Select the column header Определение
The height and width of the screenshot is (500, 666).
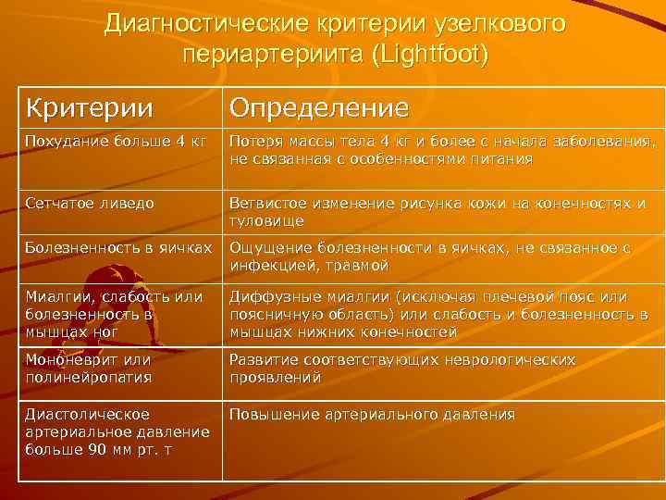(x=318, y=108)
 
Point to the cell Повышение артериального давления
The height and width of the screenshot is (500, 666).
(x=372, y=415)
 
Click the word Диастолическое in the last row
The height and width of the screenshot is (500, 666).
(x=88, y=415)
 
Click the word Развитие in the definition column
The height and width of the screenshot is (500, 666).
(x=263, y=359)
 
